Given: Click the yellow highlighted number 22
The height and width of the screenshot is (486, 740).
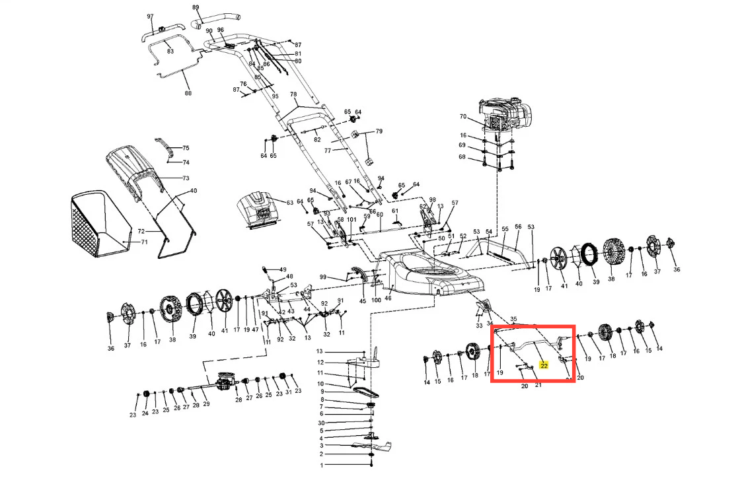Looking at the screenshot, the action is click(x=544, y=366).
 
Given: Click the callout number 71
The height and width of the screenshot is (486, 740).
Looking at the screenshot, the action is click(x=145, y=242).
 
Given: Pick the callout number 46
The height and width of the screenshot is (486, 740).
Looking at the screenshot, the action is click(x=388, y=298).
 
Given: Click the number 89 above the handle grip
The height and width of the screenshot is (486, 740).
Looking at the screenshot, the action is click(x=196, y=7).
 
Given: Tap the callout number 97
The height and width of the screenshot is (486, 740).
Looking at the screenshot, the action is click(x=150, y=17).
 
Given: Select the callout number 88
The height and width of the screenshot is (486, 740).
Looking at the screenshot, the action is click(x=188, y=93).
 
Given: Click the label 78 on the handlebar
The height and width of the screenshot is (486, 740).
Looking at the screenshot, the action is click(x=293, y=94).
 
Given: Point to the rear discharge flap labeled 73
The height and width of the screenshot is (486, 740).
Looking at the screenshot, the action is click(x=135, y=172).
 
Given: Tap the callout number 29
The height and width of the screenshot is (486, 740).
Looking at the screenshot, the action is click(x=206, y=404).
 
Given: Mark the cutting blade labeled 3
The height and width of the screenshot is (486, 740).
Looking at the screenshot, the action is click(x=372, y=446).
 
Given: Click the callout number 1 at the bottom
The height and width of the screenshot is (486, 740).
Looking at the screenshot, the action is click(x=322, y=466).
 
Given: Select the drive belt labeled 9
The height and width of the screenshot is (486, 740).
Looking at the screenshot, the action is click(x=364, y=392).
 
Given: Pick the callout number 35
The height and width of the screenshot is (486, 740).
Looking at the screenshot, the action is click(x=513, y=319).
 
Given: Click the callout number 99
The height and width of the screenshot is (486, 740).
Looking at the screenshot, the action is click(x=323, y=277).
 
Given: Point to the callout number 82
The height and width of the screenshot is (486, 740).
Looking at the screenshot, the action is click(x=317, y=140).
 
